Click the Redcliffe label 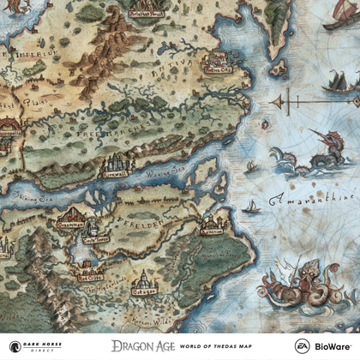[88, 277]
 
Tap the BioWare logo [335, 345]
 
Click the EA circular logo [302, 345]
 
